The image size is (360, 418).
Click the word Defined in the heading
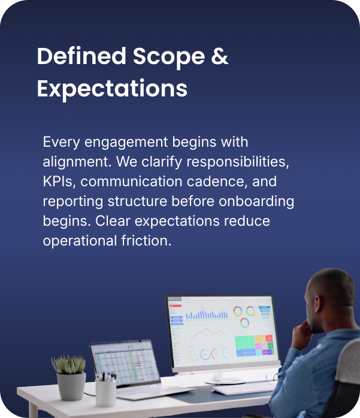81,57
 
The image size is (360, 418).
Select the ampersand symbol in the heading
220,57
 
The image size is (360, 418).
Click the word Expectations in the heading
112,89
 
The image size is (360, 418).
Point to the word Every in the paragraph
61,143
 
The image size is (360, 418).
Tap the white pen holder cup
105,392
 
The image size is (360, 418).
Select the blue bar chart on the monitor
207,314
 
